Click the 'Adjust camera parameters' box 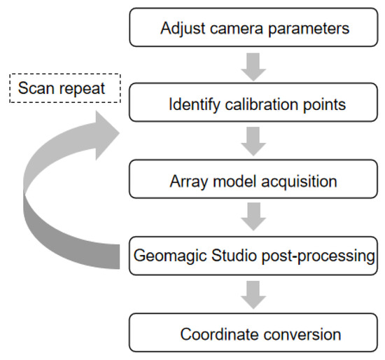[x=253, y=30]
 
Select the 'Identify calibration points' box [x=253, y=105]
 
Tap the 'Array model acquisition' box [x=253, y=181]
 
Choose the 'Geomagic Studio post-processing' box [x=253, y=256]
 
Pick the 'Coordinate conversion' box [x=253, y=333]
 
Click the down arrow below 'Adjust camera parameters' [x=253, y=68]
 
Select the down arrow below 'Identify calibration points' [x=253, y=143]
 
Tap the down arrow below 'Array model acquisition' [x=253, y=219]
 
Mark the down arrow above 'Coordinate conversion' [x=253, y=295]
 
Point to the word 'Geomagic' [x=164, y=256]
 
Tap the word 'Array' [x=187, y=181]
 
